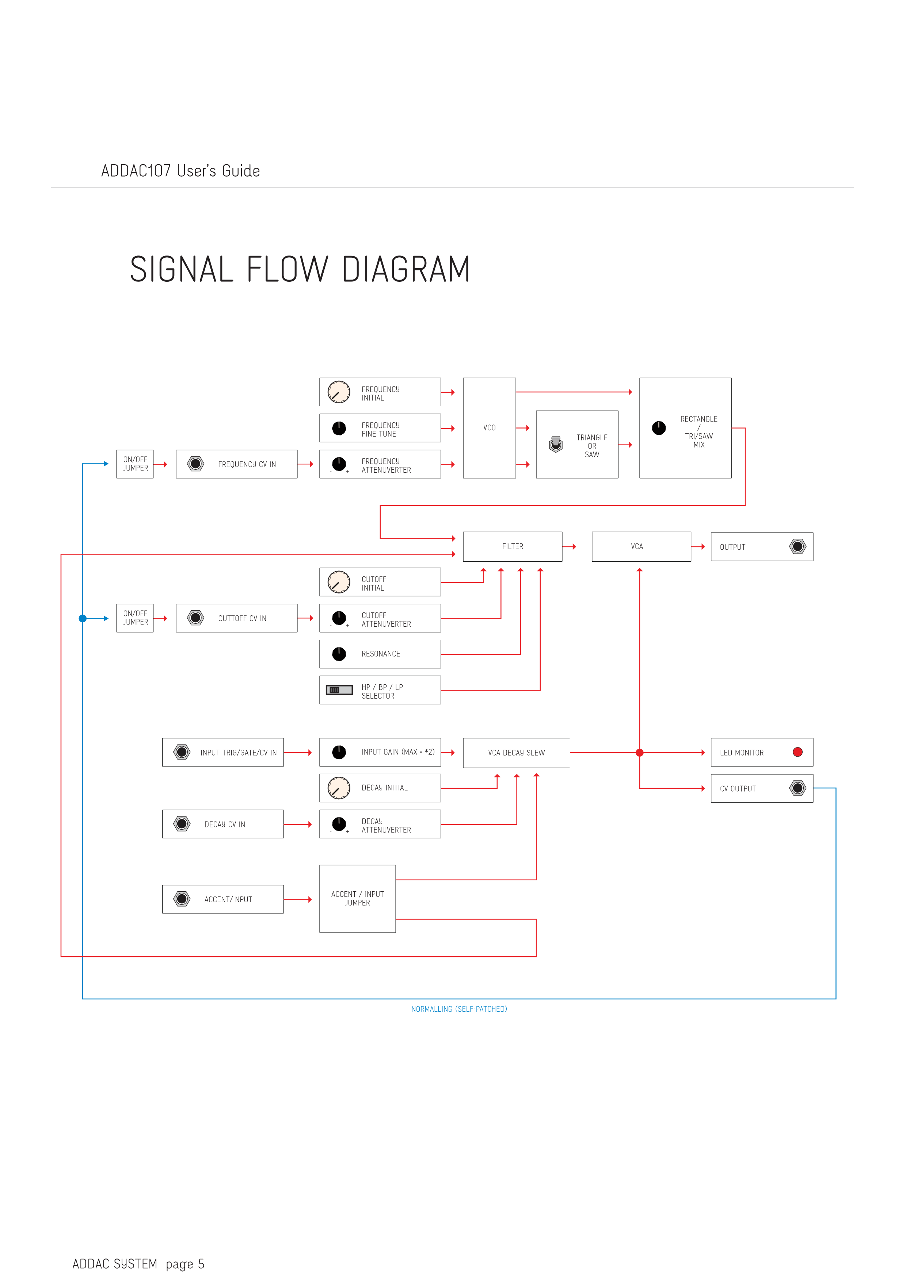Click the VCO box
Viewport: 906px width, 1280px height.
489,428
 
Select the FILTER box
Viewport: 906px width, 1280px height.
512,546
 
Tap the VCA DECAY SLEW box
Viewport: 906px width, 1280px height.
516,753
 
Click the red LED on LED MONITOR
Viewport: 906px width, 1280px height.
798,752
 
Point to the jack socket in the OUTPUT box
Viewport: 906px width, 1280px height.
798,546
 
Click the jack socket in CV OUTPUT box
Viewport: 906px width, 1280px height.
798,788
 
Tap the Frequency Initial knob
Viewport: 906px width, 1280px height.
339,392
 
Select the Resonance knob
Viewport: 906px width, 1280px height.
339,654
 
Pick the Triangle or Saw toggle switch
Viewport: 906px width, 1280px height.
556,444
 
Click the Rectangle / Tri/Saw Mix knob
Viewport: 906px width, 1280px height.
659,428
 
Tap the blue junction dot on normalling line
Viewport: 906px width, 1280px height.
83,618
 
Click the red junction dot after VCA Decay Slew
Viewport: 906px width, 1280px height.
639,753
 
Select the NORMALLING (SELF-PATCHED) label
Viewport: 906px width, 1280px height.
458,1009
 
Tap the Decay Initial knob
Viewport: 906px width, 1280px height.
339,788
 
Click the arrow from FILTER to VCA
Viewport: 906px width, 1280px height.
570,546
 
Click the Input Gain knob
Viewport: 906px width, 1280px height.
339,752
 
